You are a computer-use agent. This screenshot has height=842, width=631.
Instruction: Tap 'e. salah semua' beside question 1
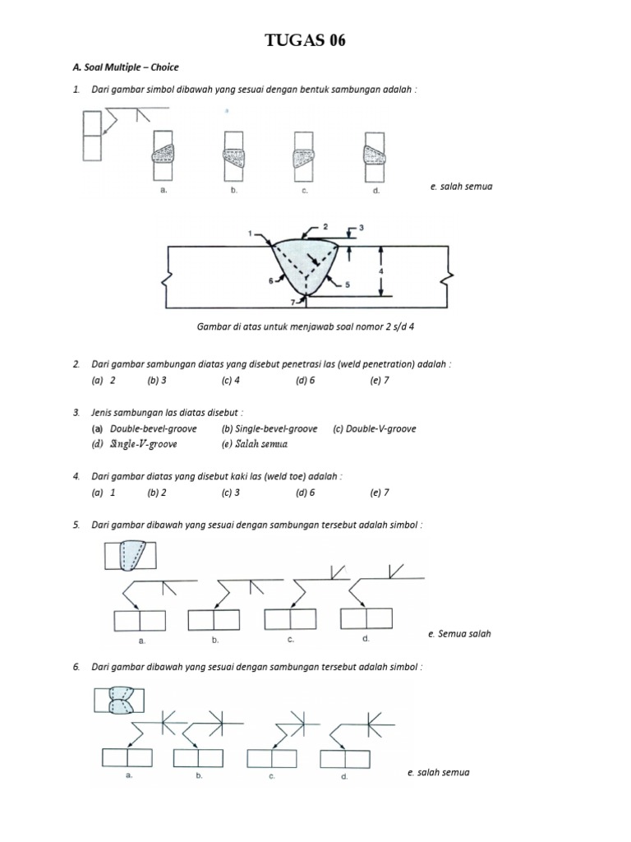click(461, 187)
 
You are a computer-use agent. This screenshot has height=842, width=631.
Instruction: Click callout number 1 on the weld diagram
click(251, 234)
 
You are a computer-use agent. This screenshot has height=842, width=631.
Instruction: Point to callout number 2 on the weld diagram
click(325, 225)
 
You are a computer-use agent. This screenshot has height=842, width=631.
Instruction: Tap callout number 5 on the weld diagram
click(348, 284)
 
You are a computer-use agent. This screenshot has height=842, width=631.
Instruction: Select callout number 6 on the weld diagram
click(271, 280)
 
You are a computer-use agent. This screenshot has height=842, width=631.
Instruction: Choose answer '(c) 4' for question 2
click(230, 381)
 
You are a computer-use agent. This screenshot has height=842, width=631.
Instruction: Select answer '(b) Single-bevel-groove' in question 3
click(269, 428)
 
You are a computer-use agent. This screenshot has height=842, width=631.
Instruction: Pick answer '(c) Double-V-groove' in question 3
click(375, 428)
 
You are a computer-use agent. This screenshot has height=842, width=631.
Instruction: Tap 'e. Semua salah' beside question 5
click(459, 634)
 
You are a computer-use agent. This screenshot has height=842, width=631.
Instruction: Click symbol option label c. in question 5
click(291, 639)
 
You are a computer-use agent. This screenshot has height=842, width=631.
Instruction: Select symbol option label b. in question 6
click(198, 775)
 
